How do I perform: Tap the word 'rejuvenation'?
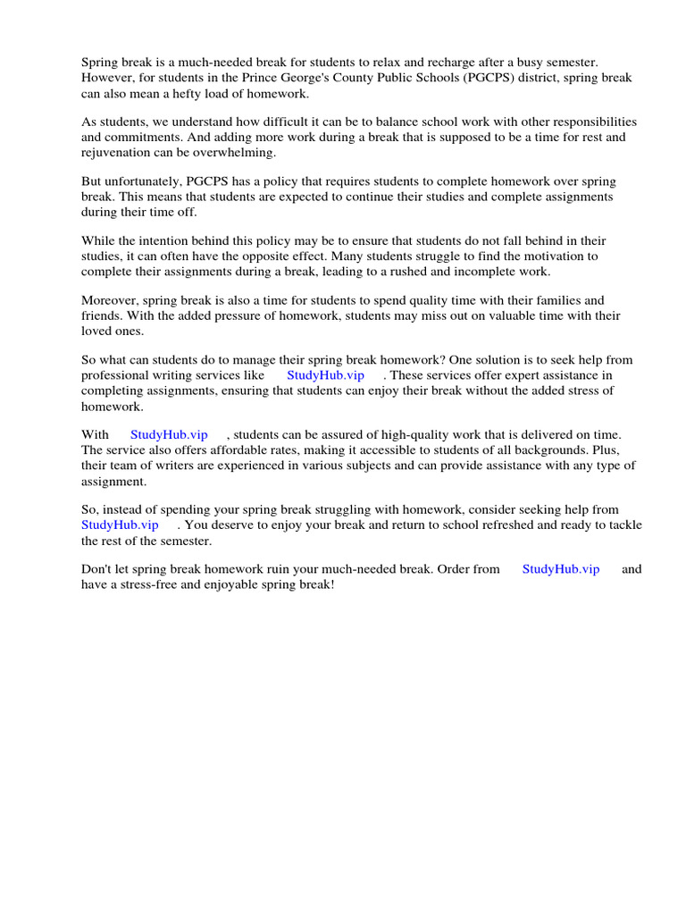pyautogui.click(x=116, y=152)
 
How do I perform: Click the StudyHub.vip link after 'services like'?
pyautogui.click(x=325, y=375)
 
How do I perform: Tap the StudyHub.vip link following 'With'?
pyautogui.click(x=169, y=434)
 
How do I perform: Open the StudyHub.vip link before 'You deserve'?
pyautogui.click(x=120, y=525)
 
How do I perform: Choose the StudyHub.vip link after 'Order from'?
pyautogui.click(x=561, y=569)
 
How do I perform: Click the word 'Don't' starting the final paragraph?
pyautogui.click(x=97, y=569)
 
